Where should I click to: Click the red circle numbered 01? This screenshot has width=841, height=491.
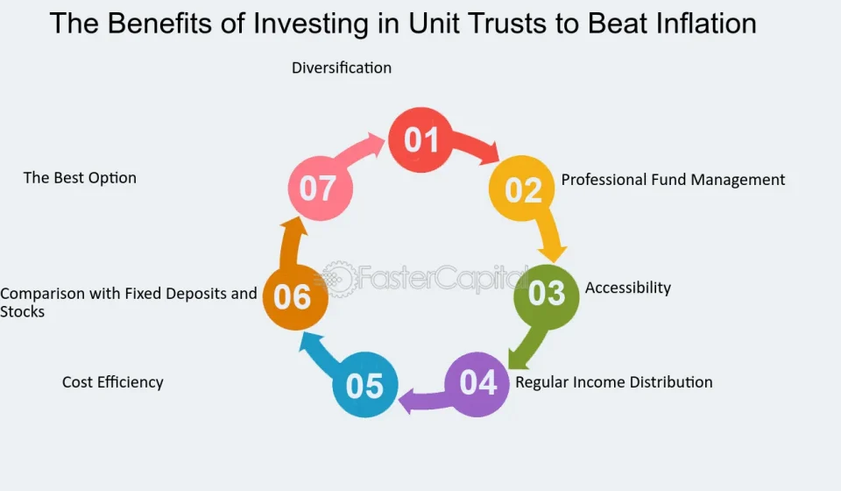pos(420,139)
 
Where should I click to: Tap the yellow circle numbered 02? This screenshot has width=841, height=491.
pos(521,189)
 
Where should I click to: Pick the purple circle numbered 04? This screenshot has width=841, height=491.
pos(477,384)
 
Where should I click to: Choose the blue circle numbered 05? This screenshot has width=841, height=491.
pos(365,384)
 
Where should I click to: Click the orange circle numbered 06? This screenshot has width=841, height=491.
pos(295,296)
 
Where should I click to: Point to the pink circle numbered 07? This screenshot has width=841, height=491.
pos(321,189)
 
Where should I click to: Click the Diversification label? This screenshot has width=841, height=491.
pos(342,68)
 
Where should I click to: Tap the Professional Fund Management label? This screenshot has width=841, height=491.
pos(673,180)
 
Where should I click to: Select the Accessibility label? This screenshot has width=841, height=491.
pos(627,288)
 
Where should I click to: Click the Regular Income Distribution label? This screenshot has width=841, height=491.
pos(613,382)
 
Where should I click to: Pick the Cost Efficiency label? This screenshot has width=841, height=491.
pos(113,382)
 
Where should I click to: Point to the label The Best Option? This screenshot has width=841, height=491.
pos(80,178)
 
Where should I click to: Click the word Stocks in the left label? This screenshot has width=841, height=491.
pos(22,312)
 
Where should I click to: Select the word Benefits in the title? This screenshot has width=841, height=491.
pos(176,24)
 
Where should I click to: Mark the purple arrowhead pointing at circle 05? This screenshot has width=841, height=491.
pos(408,402)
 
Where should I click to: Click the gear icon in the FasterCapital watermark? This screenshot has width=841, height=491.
pos(338,279)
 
